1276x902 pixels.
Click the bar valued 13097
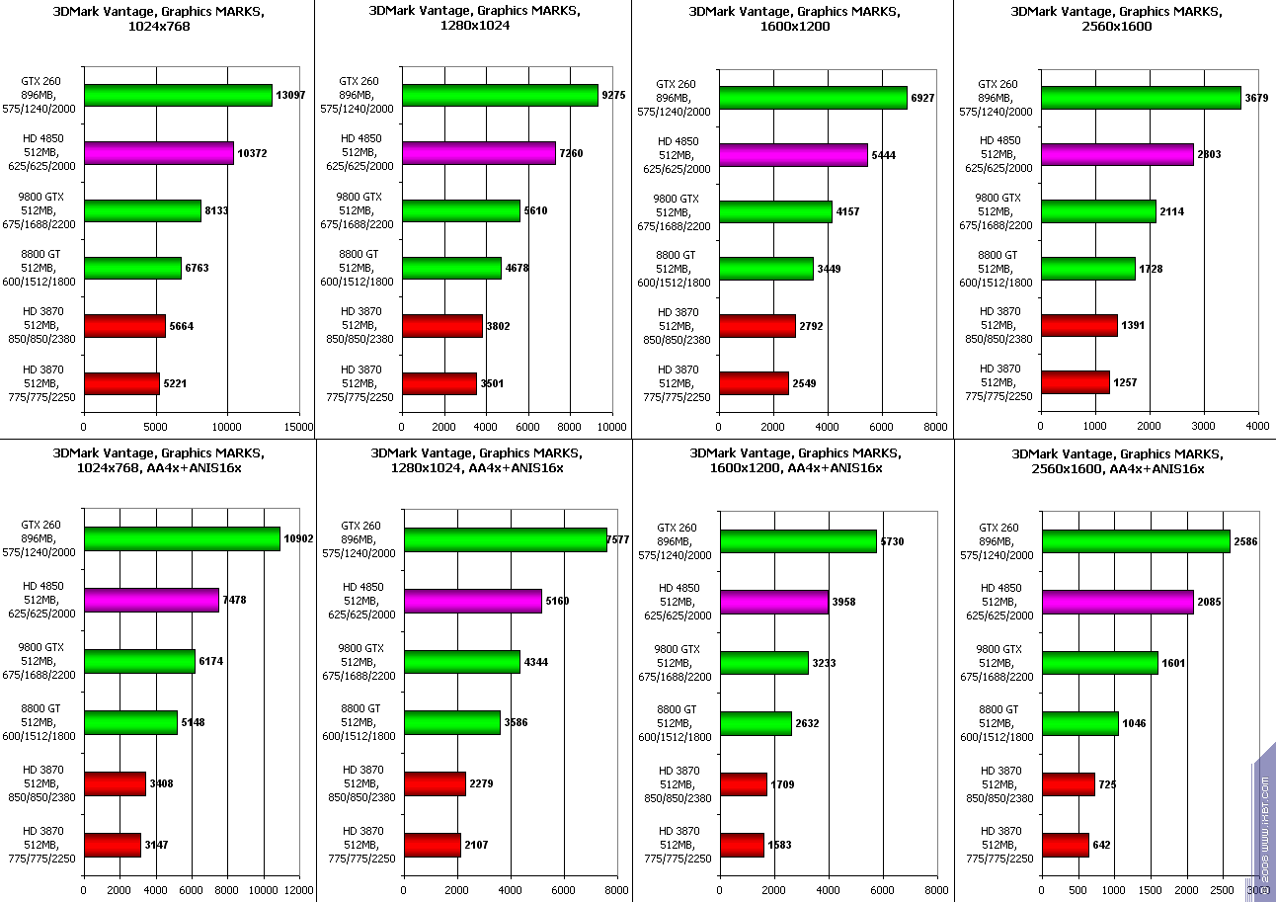pyautogui.click(x=178, y=96)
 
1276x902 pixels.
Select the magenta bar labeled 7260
pyautogui.click(x=478, y=153)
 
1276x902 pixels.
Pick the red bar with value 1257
pyautogui.click(x=1075, y=382)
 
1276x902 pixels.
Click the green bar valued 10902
pyautogui.click(x=182, y=538)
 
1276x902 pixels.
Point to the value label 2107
pyautogui.click(x=476, y=845)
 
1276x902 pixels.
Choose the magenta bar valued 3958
pyautogui.click(x=773, y=602)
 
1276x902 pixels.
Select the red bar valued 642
pyautogui.click(x=1065, y=846)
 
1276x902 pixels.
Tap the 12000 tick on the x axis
pyautogui.click(x=298, y=889)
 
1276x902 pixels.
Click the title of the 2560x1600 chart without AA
pyautogui.click(x=1116, y=19)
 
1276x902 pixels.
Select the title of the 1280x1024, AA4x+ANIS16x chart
pyautogui.click(x=476, y=460)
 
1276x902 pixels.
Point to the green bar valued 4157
pyautogui.click(x=775, y=212)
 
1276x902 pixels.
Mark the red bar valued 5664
pyautogui.click(x=124, y=326)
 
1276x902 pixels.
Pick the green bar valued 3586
pyautogui.click(x=451, y=723)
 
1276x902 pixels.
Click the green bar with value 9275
pyautogui.click(x=500, y=96)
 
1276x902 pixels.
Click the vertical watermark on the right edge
pyautogui.click(x=1264, y=820)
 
